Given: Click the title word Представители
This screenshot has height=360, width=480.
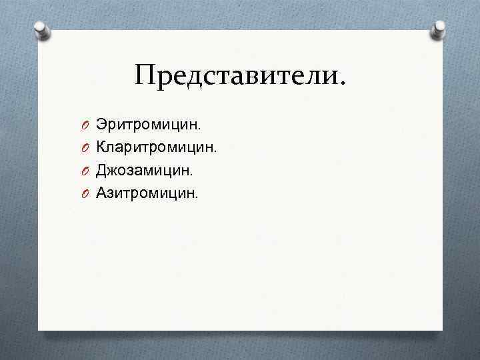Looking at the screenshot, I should [x=240, y=75].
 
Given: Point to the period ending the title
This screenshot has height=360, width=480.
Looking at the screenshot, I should [x=343, y=85].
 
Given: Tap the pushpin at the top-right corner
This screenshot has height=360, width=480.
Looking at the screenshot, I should [x=439, y=29].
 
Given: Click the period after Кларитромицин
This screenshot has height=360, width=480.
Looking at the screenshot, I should [x=217, y=152].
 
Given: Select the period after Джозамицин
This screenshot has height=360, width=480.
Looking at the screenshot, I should [x=191, y=175].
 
